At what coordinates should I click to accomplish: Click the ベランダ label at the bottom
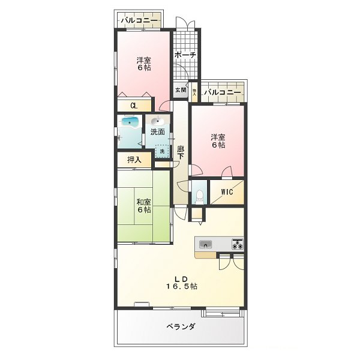coord(181,327)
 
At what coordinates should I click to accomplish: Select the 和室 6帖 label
coord(143,205)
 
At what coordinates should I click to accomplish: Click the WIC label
coord(227,192)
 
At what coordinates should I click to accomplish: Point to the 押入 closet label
coord(134,160)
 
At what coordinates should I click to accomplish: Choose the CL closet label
coord(134,106)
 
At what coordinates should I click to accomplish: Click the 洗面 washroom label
coord(158,131)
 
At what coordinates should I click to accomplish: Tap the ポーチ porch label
coord(185,55)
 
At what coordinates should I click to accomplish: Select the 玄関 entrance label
coord(181,90)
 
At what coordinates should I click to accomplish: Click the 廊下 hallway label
coord(180,153)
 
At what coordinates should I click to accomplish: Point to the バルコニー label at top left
coord(140,21)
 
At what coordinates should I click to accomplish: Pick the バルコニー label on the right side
coord(223,93)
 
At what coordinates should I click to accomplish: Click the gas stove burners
coord(237,244)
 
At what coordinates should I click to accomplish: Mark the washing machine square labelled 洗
coord(161,152)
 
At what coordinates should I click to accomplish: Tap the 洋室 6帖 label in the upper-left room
coord(143,64)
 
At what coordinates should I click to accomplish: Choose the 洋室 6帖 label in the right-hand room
coord(217,141)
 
